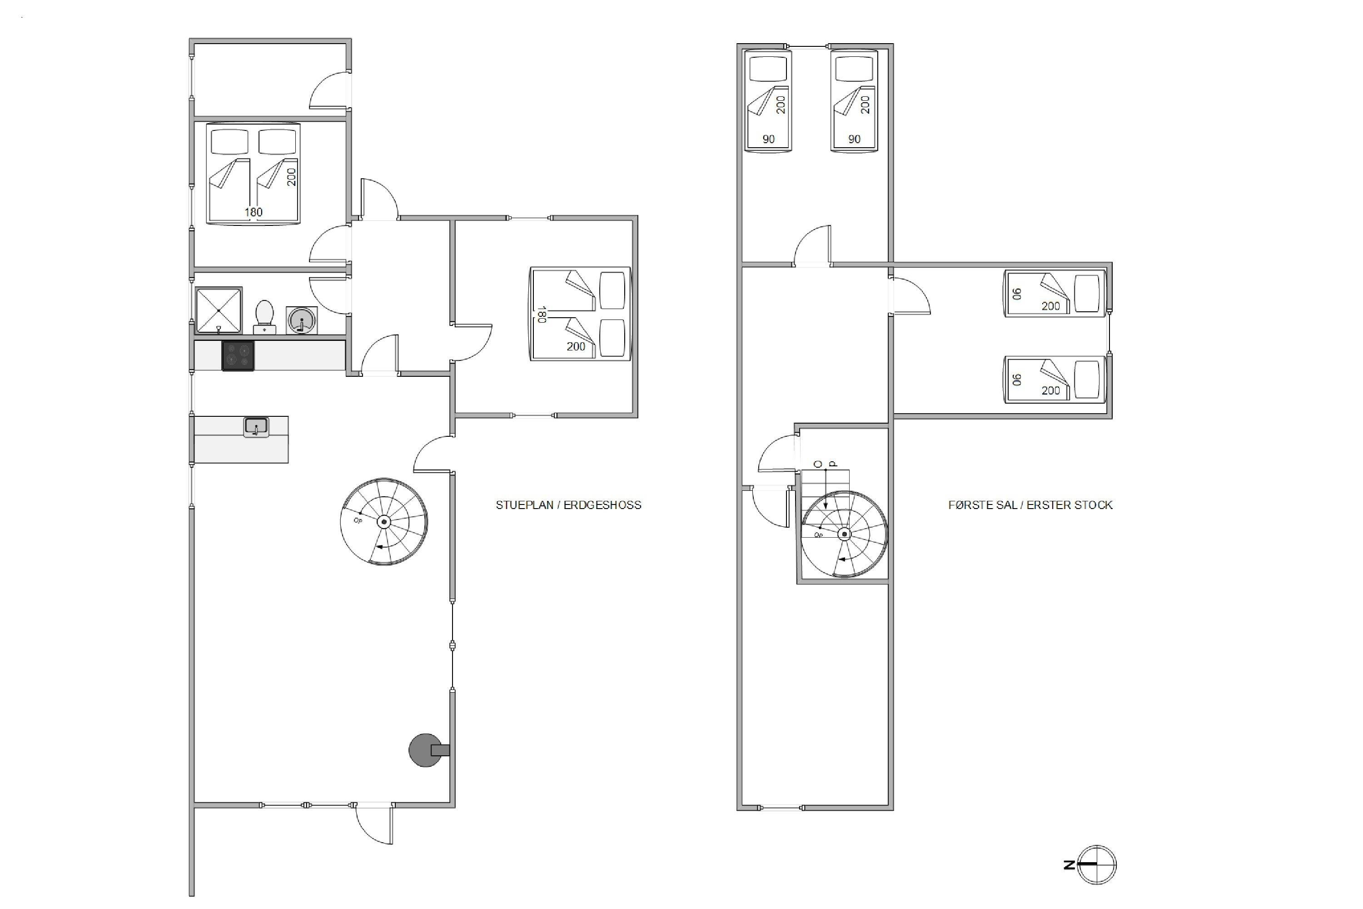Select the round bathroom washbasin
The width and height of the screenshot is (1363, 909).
pos(301,320)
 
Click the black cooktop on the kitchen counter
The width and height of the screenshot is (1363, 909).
pos(238,355)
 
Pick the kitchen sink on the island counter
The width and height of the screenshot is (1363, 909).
pos(255,427)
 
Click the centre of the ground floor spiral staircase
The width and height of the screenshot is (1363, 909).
pos(383,522)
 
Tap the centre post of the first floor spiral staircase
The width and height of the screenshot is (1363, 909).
pos(844,534)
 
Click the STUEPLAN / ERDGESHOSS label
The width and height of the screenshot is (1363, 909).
pos(568,505)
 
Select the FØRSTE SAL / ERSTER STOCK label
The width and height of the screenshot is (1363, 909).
pos(1030,505)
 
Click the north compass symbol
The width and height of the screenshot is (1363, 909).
pos(1097,865)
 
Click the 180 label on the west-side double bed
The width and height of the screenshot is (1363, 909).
pos(253,212)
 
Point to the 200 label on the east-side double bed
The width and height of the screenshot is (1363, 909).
pos(576,347)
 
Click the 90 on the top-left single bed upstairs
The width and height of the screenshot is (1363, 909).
pos(768,139)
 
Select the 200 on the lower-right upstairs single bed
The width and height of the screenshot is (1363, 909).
pos(1050,391)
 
